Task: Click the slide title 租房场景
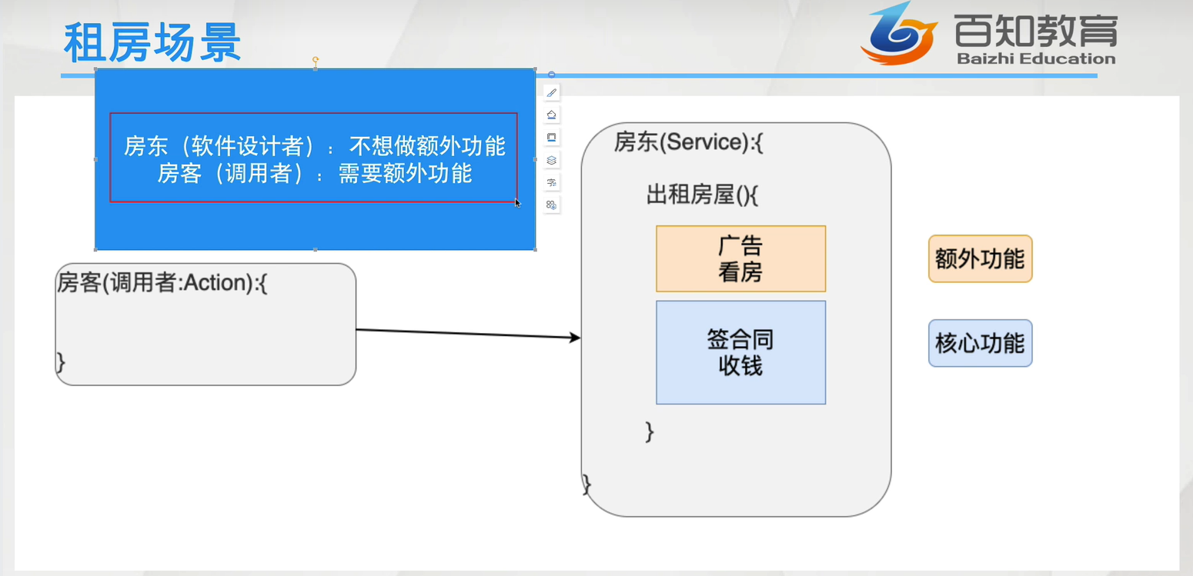[152, 43]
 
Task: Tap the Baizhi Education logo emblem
[898, 35]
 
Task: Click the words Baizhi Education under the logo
[1036, 58]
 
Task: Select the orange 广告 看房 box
[740, 259]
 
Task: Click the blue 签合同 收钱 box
[740, 352]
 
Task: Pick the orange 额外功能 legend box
[980, 259]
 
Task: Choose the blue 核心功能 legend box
[980, 343]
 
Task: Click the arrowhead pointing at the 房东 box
[574, 337]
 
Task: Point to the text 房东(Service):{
[688, 142]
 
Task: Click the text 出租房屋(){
[701, 195]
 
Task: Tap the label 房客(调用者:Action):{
[162, 283]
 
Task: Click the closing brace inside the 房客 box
[61, 362]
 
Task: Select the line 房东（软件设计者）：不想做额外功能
[314, 145]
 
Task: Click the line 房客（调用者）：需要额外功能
[314, 174]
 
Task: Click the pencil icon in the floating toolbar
[551, 92]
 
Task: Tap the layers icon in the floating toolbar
[551, 160]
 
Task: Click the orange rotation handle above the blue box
[316, 59]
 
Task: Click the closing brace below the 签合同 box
[650, 431]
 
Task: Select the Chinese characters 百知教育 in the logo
[1035, 31]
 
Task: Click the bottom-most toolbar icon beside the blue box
[551, 205]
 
